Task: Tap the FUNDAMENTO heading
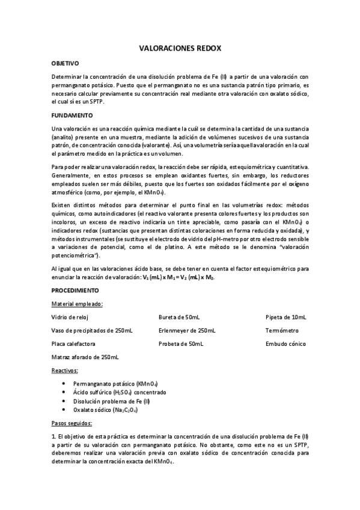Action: tap(72, 115)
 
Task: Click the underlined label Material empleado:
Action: tap(77, 304)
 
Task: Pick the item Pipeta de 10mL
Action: tap(286, 317)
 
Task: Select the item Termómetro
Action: tap(282, 330)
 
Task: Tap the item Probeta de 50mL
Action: tap(181, 343)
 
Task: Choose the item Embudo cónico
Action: tap(285, 343)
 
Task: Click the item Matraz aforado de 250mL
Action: tap(85, 357)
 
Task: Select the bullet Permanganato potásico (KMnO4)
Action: tap(115, 384)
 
